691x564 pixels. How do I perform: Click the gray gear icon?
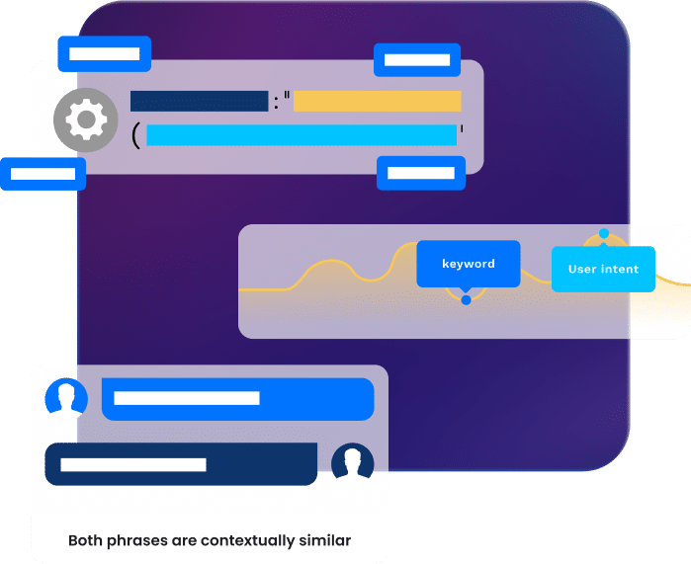coord(85,121)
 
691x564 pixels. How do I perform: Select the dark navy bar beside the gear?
coord(199,101)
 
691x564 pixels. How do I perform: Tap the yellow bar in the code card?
coord(377,101)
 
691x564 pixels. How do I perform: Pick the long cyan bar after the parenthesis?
coord(302,135)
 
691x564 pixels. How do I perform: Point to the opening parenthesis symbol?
coord(135,135)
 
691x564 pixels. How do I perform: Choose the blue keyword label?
coord(468,264)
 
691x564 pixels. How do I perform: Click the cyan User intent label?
coord(603,269)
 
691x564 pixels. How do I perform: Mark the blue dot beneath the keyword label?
coord(466,299)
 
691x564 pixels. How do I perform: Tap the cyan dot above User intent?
coord(604,234)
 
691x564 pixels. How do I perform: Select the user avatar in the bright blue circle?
coord(66,398)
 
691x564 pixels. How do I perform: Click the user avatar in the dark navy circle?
coord(352,463)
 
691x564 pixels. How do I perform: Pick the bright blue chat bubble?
coord(237,399)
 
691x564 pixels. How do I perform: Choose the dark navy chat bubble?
coord(181,464)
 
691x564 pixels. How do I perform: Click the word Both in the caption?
coord(86,540)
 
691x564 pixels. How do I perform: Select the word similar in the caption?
coord(325,540)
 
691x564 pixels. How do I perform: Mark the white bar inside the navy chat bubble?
coord(133,464)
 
